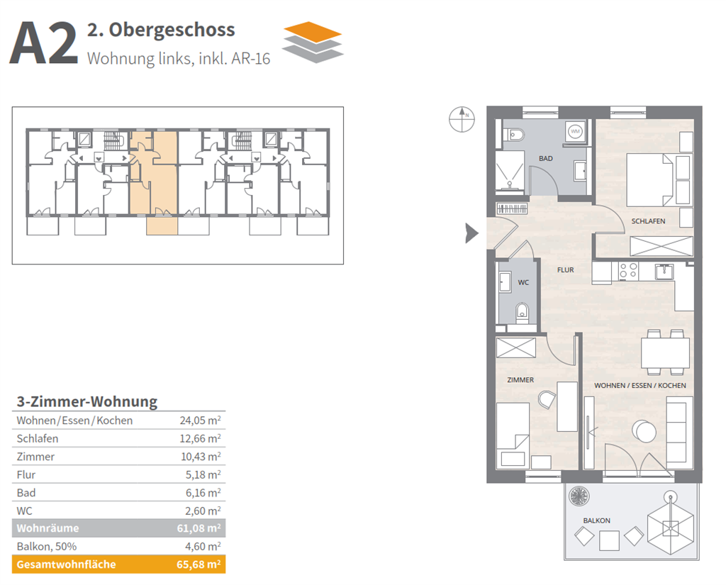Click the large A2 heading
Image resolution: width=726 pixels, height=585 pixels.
pyautogui.click(x=43, y=45)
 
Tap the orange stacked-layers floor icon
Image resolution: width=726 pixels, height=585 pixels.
pyautogui.click(x=313, y=42)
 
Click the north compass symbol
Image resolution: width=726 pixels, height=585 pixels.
pyautogui.click(x=461, y=119)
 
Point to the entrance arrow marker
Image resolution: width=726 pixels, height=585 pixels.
pyautogui.click(x=471, y=233)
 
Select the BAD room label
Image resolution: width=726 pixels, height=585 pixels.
pyautogui.click(x=545, y=158)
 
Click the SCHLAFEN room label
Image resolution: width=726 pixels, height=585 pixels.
pyautogui.click(x=648, y=221)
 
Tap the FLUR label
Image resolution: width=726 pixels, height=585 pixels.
pyautogui.click(x=565, y=269)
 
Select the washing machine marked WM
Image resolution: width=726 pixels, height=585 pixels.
pyautogui.click(x=575, y=131)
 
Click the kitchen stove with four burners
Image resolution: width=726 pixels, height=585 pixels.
pyautogui.click(x=628, y=270)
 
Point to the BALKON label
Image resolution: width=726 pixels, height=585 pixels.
pyautogui.click(x=596, y=520)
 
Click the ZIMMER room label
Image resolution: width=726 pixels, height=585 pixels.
pyautogui.click(x=520, y=380)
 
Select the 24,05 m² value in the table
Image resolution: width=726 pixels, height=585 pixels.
pyautogui.click(x=201, y=420)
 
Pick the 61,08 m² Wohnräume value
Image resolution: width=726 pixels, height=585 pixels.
pyautogui.click(x=201, y=528)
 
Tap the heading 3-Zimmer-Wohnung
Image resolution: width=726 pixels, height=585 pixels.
pyautogui.click(x=86, y=401)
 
